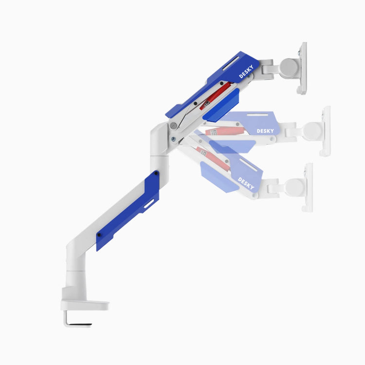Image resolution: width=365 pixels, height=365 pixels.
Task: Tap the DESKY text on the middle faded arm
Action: click(x=266, y=130)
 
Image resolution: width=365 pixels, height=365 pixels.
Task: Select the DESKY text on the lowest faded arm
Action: click(x=246, y=183)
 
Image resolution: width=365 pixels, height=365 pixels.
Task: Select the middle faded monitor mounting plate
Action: click(x=325, y=131)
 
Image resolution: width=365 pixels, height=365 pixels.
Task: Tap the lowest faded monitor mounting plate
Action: click(x=308, y=187)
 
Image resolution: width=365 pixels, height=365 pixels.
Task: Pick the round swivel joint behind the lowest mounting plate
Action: click(x=293, y=187)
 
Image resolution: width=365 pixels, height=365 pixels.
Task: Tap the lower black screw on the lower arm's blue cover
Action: click(x=99, y=235)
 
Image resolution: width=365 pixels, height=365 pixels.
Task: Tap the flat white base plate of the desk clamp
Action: click(x=85, y=306)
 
